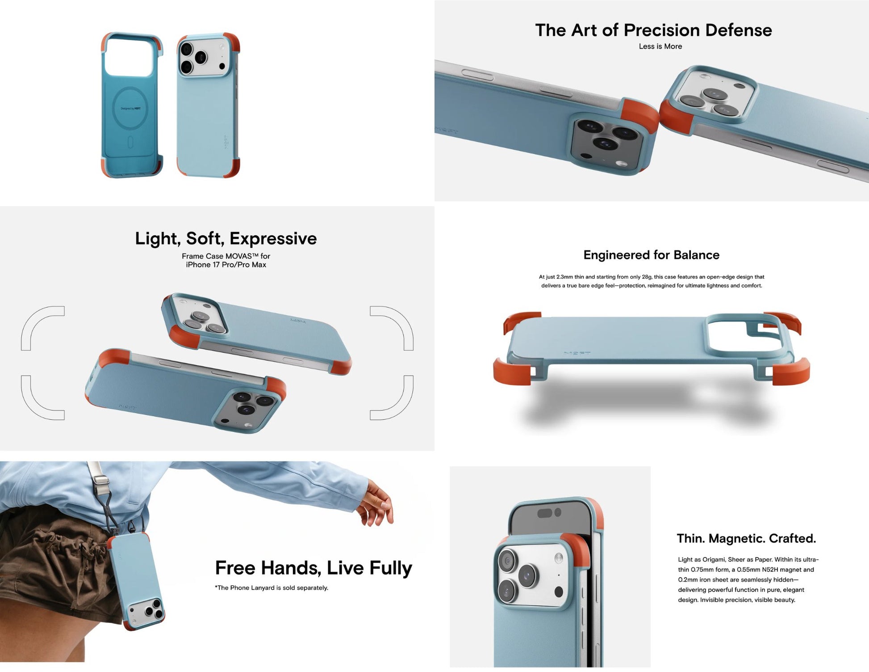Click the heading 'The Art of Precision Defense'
click(653, 30)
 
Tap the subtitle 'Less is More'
click(660, 46)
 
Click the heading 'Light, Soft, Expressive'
click(226, 238)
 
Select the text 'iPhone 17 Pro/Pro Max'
click(226, 265)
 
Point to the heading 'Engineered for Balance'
click(651, 255)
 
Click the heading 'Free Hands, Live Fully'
click(313, 568)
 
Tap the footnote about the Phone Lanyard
click(272, 587)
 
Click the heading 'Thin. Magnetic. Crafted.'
click(746, 538)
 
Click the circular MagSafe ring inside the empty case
click(130, 108)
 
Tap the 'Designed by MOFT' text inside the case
click(130, 109)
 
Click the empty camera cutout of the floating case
click(744, 333)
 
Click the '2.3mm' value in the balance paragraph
click(564, 277)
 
